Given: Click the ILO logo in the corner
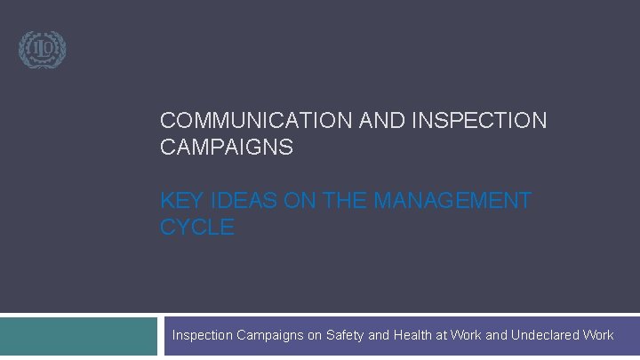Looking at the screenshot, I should (x=43, y=49).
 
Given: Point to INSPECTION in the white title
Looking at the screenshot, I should (x=479, y=121).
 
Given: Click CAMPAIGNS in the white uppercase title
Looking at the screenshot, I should (x=226, y=148).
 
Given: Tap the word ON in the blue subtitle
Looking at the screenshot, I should (x=292, y=201).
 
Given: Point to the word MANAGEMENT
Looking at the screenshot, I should (x=452, y=201).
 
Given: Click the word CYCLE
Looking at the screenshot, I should (x=197, y=228).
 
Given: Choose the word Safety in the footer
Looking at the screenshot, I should (x=345, y=335).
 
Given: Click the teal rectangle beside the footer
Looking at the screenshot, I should (x=78, y=337).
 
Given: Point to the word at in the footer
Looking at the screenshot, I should (x=443, y=335).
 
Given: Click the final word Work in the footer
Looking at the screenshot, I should (x=598, y=335).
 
